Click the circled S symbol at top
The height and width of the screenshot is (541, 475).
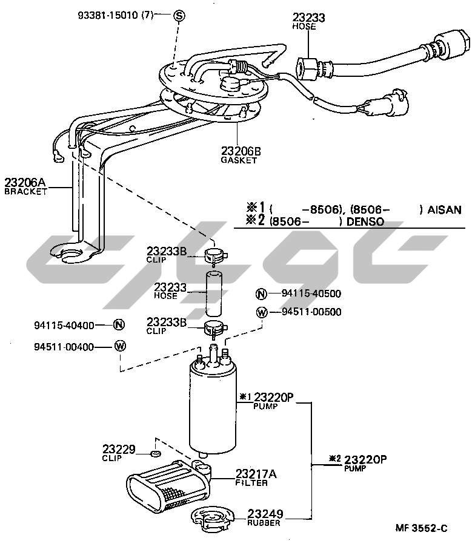click(179, 16)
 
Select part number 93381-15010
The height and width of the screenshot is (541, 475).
click(108, 15)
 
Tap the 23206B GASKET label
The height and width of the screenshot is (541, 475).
click(241, 156)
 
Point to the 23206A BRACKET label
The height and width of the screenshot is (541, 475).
click(25, 186)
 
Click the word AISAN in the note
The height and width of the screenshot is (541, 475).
click(444, 210)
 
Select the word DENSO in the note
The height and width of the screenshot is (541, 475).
click(365, 221)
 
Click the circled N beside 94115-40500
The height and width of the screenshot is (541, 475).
click(262, 294)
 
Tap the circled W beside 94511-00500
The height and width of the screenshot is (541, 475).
click(262, 312)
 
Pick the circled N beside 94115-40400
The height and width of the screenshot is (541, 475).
click(119, 325)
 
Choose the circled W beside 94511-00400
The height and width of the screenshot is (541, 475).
click(120, 346)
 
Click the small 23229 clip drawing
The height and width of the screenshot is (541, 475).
click(156, 453)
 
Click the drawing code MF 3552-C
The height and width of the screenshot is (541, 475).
click(421, 528)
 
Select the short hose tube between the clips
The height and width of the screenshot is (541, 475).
click(214, 293)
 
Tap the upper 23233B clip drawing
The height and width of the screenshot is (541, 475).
click(215, 255)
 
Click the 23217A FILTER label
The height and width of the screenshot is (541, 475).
click(256, 478)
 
